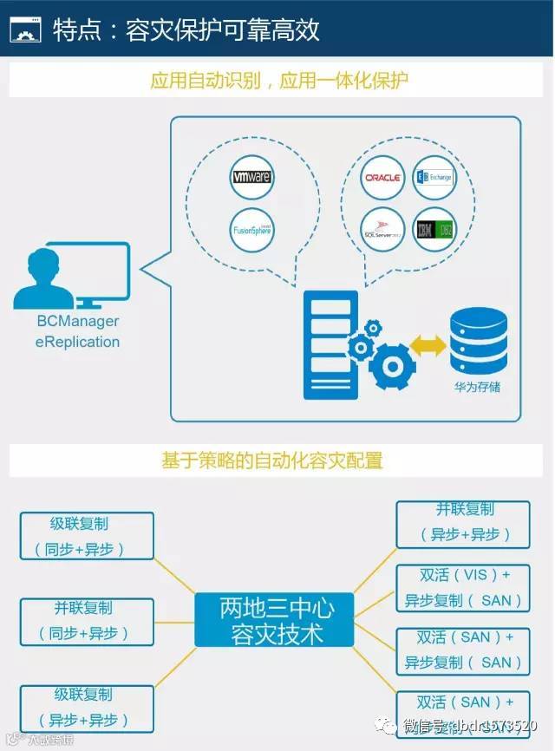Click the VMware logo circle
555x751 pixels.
pyautogui.click(x=252, y=177)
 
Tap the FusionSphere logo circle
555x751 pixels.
pyautogui.click(x=252, y=230)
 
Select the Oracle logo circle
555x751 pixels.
pyautogui.click(x=382, y=178)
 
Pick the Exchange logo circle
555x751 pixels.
pyautogui.click(x=434, y=178)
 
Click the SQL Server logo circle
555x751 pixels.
pyautogui.click(x=382, y=230)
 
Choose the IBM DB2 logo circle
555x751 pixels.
pyautogui.click(x=434, y=230)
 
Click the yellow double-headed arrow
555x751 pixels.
pyautogui.click(x=428, y=346)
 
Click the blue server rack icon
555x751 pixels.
pyautogui.click(x=330, y=344)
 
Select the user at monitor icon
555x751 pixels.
pyautogui.click(x=73, y=276)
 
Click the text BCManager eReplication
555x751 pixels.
pyautogui.click(x=77, y=331)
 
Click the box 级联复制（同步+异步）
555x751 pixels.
pyautogui.click(x=87, y=536)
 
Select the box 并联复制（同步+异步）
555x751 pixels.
pyautogui.click(x=87, y=621)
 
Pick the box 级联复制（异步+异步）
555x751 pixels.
pyautogui.click(x=87, y=707)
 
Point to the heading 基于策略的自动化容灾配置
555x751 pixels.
pyautogui.click(x=272, y=460)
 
